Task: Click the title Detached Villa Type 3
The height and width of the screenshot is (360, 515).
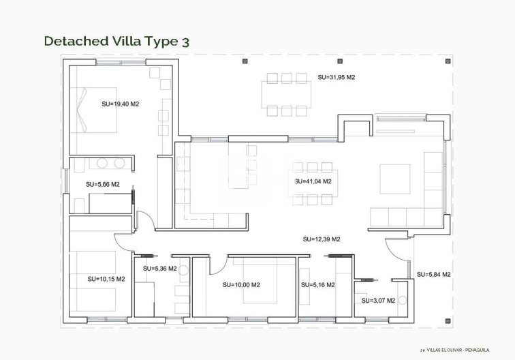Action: tap(116, 41)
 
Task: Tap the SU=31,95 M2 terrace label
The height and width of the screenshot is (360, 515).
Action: tap(337, 78)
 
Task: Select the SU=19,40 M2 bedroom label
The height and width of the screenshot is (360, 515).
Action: tap(120, 104)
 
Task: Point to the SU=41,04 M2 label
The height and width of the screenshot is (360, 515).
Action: tap(313, 182)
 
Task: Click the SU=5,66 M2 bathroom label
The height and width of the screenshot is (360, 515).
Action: tap(102, 184)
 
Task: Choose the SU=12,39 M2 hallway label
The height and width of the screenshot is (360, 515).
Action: tap(322, 239)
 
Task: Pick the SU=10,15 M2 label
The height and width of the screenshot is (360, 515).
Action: tap(106, 279)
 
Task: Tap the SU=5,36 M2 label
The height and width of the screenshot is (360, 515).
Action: tap(160, 269)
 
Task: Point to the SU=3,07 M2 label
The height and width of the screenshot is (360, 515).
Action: tap(378, 300)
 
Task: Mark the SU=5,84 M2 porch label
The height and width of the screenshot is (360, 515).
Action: tap(434, 274)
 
